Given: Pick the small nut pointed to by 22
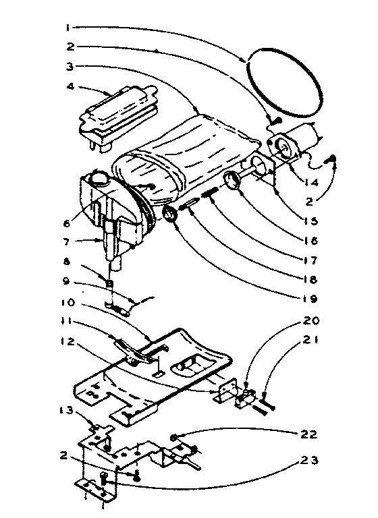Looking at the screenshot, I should [175, 438].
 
